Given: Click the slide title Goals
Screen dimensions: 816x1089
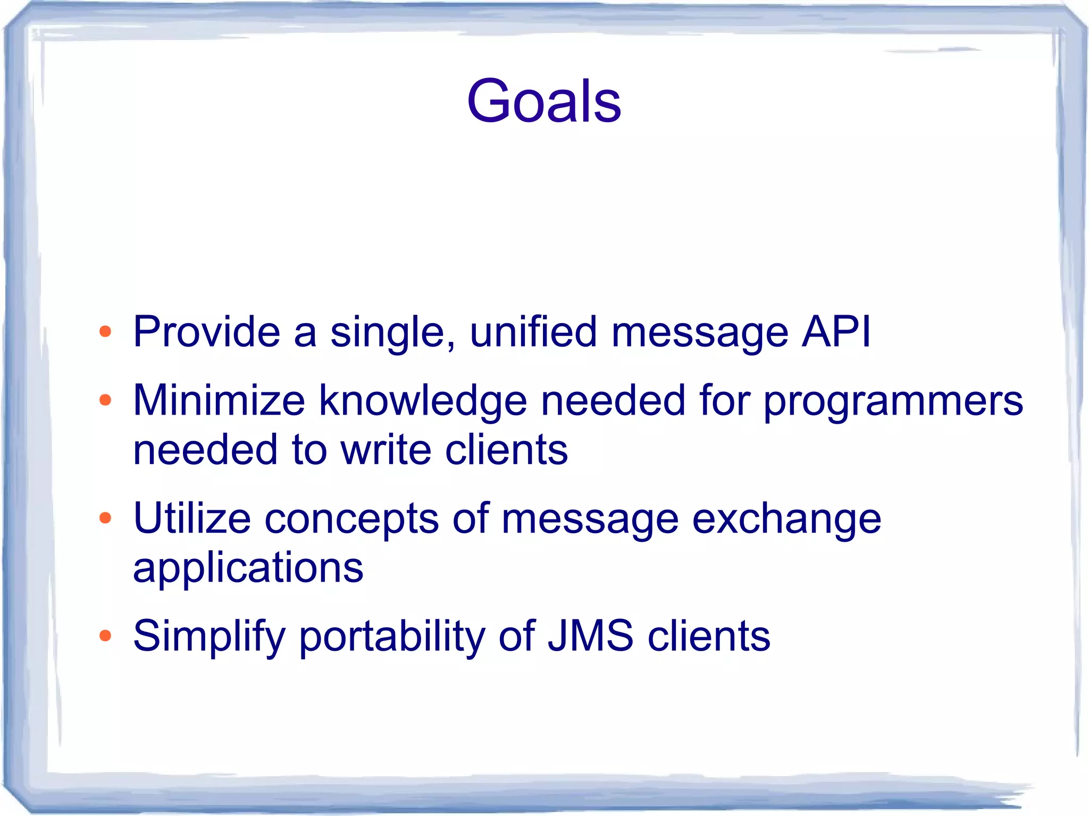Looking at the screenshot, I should [544, 101].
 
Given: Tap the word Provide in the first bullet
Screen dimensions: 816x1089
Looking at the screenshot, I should [206, 332].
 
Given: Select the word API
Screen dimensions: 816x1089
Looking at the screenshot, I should [836, 332].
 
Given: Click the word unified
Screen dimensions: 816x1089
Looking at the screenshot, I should [533, 332].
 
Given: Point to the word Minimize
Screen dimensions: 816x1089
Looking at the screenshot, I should [219, 400].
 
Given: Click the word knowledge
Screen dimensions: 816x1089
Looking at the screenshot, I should [423, 400].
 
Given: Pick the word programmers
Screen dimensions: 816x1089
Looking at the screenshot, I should [893, 401].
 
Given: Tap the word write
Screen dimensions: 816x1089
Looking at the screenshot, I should [386, 450].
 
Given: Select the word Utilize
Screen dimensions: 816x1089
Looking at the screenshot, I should [191, 518].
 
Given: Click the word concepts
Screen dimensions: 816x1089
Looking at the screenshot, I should [351, 519].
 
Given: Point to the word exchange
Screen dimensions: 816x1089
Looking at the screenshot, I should [786, 519].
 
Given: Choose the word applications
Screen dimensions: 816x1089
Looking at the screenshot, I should [248, 568].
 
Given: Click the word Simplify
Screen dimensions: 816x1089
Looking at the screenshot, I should [210, 636].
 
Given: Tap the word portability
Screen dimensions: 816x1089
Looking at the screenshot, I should [392, 636].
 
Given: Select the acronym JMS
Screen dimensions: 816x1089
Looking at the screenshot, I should [590, 636].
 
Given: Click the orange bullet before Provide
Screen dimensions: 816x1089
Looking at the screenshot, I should [105, 332].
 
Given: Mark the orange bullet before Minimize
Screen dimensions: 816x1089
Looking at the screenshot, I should [105, 400].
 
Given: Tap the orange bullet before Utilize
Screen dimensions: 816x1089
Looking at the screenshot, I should [105, 518].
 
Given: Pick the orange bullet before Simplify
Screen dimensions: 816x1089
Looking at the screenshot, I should [105, 636].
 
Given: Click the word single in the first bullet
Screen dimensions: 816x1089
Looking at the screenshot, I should [392, 333].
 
